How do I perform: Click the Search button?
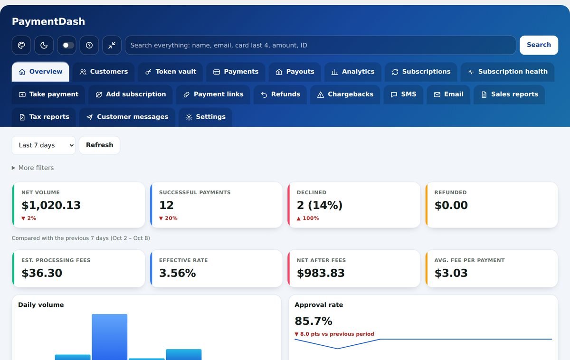[539, 45]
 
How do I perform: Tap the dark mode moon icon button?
[44, 45]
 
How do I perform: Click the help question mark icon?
[89, 45]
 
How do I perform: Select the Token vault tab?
[171, 72]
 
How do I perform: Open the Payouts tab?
[295, 72]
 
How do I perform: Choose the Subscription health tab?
[507, 72]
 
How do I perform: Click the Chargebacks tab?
[345, 95]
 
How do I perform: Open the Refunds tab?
[280, 95]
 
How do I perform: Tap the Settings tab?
[205, 117]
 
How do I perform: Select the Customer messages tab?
[127, 117]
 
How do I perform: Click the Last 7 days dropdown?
[44, 145]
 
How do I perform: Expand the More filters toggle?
[33, 168]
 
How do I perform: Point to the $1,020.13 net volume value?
[51, 205]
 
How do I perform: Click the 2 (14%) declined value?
[320, 205]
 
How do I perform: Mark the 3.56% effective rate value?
[177, 273]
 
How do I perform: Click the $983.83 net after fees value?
[321, 273]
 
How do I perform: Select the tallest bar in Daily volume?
[110, 337]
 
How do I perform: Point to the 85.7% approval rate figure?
[313, 321]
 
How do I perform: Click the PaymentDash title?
[48, 22]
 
